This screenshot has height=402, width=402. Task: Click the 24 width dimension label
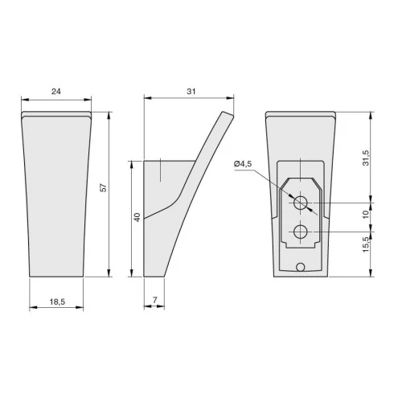[56, 92]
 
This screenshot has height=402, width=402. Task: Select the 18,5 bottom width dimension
[57, 301]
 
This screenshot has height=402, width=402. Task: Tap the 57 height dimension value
[103, 187]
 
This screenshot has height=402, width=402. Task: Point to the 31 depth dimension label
[191, 92]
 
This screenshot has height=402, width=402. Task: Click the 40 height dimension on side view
[137, 217]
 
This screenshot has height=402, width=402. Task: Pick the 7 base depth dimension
[155, 300]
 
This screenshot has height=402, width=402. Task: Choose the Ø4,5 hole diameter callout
[243, 164]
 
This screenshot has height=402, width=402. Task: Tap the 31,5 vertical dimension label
[366, 158]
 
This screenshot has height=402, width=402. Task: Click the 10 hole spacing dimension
[366, 215]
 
